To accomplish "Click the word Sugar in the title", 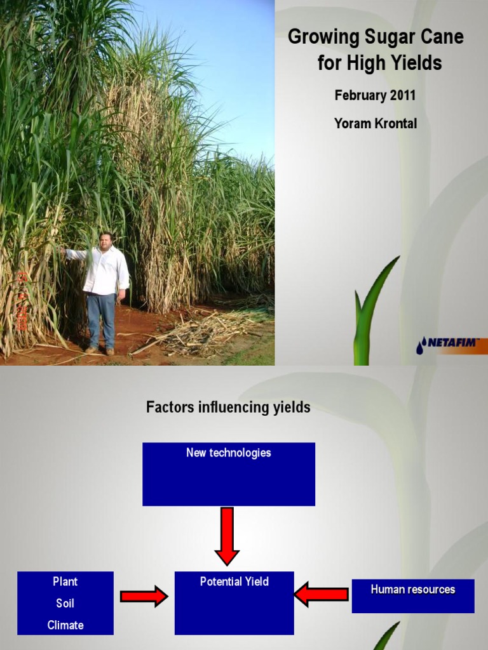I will click(x=390, y=37).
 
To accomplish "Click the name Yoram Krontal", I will click(x=376, y=124).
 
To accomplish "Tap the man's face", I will click(x=105, y=241).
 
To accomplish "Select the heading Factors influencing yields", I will click(x=228, y=408).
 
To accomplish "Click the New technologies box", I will click(x=228, y=474).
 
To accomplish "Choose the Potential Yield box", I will click(x=234, y=602).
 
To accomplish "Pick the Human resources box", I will click(x=413, y=595).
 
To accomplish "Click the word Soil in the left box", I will click(x=65, y=603).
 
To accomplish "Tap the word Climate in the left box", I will click(x=65, y=625).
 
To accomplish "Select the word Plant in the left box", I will click(x=65, y=581).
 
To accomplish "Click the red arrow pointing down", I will click(x=227, y=535).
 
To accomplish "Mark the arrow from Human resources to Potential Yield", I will click(x=322, y=594).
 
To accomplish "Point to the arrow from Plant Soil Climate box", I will click(x=144, y=596).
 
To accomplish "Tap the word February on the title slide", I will click(x=360, y=95).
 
